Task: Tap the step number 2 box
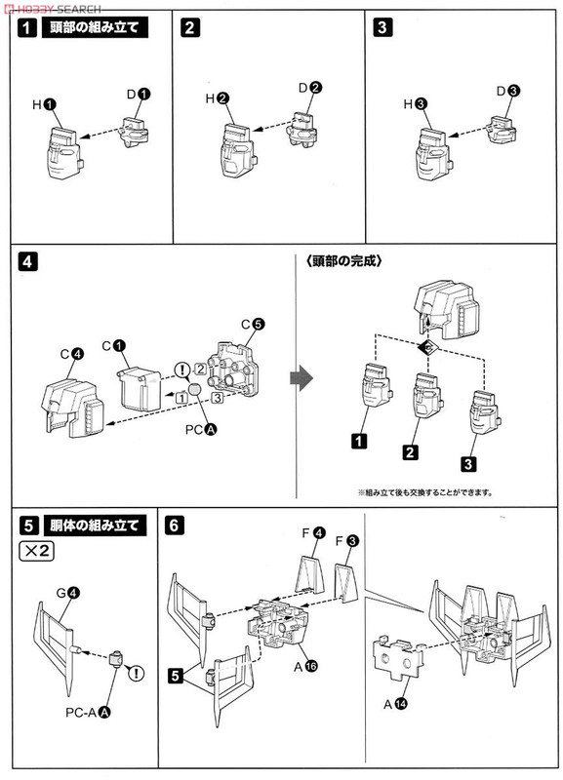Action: pos(189,28)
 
